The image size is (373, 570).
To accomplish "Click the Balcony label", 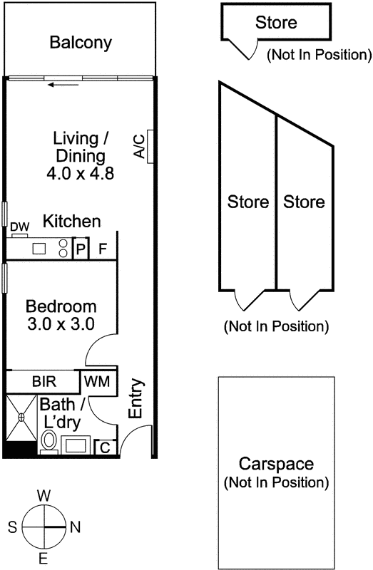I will click(x=81, y=43).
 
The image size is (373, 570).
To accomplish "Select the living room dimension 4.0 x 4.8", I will click(x=80, y=172).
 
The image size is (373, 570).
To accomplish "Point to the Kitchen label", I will click(x=71, y=222).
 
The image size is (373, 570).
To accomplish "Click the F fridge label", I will click(x=103, y=249).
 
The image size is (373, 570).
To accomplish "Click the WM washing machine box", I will click(x=96, y=381).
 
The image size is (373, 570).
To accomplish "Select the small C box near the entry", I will click(x=104, y=447).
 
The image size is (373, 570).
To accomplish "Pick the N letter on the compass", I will click(x=75, y=528).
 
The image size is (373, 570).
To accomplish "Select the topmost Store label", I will click(x=275, y=23).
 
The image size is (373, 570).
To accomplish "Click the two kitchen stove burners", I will click(x=63, y=249).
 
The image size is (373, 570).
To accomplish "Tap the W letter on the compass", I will click(x=43, y=495).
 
